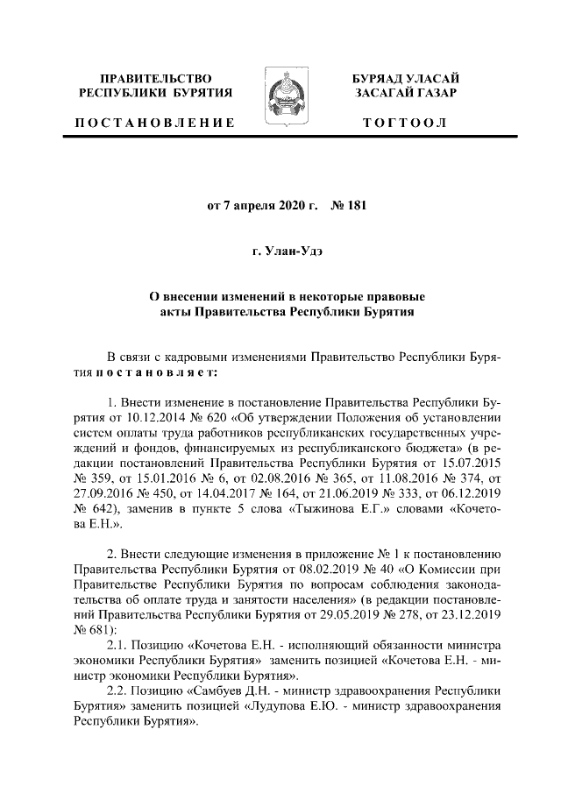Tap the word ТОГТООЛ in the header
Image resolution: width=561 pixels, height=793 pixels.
[405, 123]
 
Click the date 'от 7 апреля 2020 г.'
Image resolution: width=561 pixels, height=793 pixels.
[260, 207]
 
